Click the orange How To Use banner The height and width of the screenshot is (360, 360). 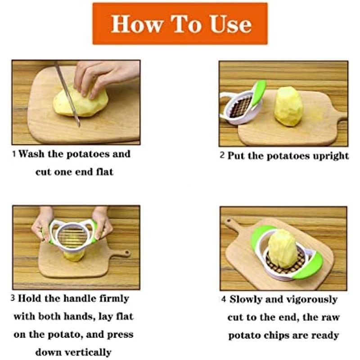pyautogui.click(x=180, y=24)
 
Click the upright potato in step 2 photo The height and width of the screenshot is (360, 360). pyautogui.click(x=288, y=107)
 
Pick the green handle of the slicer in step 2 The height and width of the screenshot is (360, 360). pyautogui.click(x=258, y=93)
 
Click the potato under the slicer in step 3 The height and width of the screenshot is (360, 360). pyautogui.click(x=74, y=255)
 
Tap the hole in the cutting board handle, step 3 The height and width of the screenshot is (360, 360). pyautogui.click(x=126, y=253)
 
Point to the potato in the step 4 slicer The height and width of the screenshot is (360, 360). pyautogui.click(x=283, y=249)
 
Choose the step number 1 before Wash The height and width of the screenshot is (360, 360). pyautogui.click(x=14, y=154)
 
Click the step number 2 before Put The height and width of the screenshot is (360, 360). pyautogui.click(x=222, y=155)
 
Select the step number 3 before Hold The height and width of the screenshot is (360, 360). pyautogui.click(x=13, y=298)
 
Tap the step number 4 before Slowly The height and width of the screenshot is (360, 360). pyautogui.click(x=224, y=299)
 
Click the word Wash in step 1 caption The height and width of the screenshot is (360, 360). pyautogui.click(x=31, y=153)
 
